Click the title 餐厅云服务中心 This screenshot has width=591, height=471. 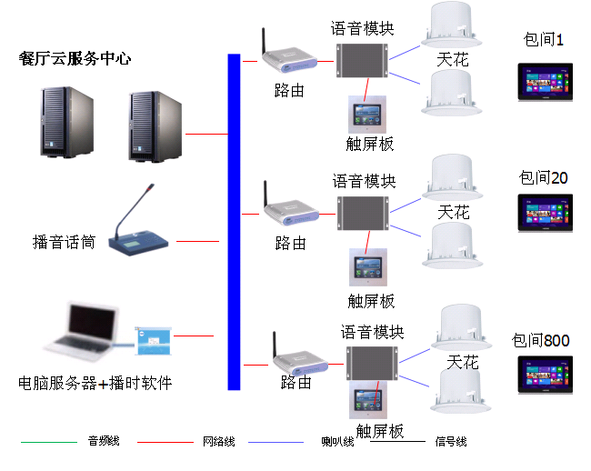tap(75, 59)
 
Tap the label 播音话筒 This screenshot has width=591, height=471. tap(64, 242)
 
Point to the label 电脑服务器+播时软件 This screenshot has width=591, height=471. tap(95, 383)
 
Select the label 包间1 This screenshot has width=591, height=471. tap(545, 40)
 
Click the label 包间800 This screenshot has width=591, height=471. tap(540, 341)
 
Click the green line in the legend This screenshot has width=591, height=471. tap(49, 442)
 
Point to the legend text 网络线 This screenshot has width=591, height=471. tap(218, 442)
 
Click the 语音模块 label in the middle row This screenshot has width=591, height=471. tap(364, 181)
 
